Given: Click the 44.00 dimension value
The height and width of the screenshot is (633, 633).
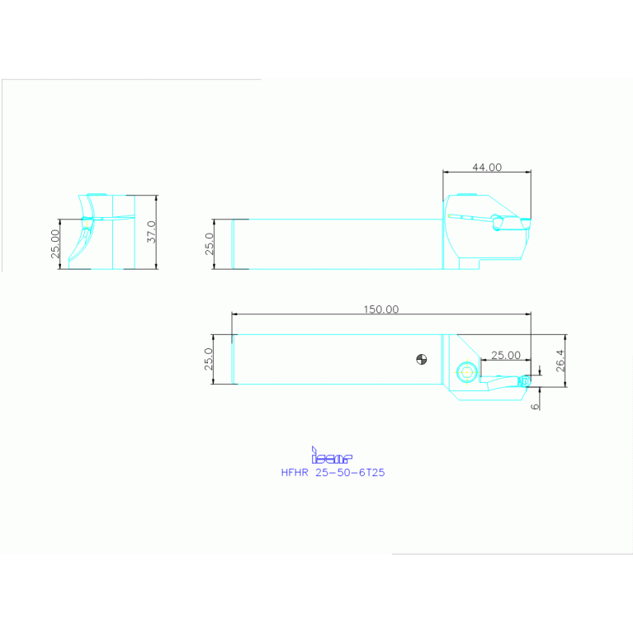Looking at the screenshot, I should pyautogui.click(x=486, y=167).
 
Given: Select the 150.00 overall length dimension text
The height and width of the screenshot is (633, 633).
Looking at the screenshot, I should pyautogui.click(x=380, y=309).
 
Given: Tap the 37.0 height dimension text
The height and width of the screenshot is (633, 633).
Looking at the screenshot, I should pyautogui.click(x=150, y=232).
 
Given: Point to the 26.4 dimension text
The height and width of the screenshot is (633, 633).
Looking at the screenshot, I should pyautogui.click(x=560, y=361).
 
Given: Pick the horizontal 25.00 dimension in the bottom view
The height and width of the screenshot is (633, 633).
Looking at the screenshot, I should pyautogui.click(x=505, y=355).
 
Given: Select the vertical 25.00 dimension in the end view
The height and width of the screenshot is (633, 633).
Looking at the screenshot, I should pyautogui.click(x=55, y=244).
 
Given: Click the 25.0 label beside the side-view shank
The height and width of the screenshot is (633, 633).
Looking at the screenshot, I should pyautogui.click(x=209, y=244).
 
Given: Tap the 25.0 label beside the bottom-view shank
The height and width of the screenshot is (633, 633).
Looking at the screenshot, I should pyautogui.click(x=209, y=359).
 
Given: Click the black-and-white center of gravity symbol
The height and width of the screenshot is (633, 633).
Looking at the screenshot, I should pyautogui.click(x=422, y=358).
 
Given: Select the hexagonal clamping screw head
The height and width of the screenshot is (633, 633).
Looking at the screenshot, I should pyautogui.click(x=468, y=372).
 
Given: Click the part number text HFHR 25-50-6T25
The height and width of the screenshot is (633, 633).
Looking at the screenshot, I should pyautogui.click(x=333, y=473).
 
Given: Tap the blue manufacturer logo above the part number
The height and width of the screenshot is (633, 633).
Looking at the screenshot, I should pyautogui.click(x=331, y=456).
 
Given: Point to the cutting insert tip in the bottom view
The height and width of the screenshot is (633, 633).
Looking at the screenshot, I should pyautogui.click(x=524, y=380).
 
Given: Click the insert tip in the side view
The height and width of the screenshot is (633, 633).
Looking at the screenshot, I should pyautogui.click(x=526, y=221).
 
